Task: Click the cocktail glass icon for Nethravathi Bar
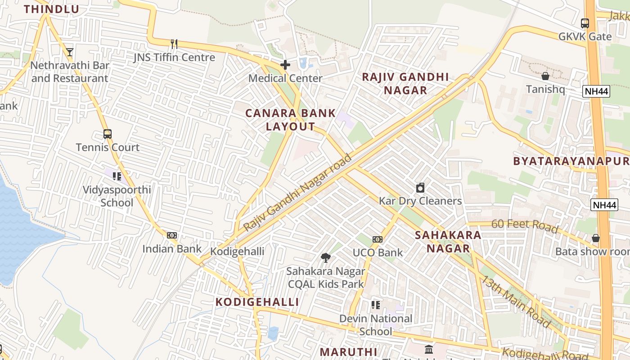tap(69, 52)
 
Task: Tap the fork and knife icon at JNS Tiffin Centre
tap(174, 44)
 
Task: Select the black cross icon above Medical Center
tap(285, 65)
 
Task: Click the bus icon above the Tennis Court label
tap(107, 134)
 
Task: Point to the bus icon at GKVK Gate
tap(585, 23)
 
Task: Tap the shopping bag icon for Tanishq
tap(545, 76)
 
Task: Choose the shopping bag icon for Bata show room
tap(596, 238)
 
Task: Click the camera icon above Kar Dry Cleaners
tap(420, 188)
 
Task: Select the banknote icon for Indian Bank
tap(172, 235)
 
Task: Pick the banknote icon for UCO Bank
tap(378, 239)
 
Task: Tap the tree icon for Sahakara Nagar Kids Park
tap(325, 258)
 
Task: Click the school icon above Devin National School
tap(376, 306)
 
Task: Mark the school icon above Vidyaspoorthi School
tap(117, 176)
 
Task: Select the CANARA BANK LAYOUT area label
tap(290, 120)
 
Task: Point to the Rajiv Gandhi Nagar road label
tap(297, 192)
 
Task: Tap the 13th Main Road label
tap(517, 301)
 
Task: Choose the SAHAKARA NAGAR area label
tap(448, 242)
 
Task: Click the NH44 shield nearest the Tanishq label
tap(596, 92)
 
